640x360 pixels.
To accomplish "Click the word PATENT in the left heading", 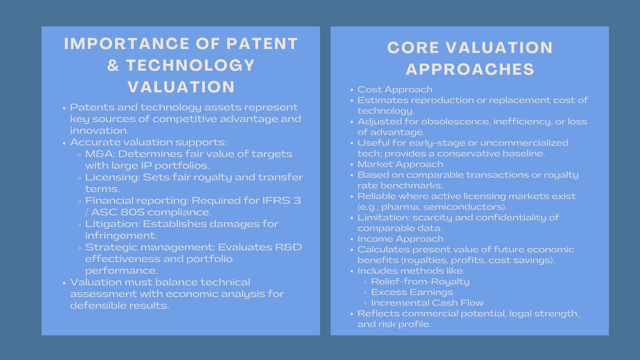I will click(x=262, y=44).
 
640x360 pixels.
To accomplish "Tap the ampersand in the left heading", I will click(x=113, y=66).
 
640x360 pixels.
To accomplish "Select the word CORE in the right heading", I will click(x=413, y=48).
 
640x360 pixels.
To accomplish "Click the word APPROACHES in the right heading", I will click(x=470, y=70).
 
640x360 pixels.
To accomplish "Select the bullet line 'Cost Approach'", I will click(x=395, y=90).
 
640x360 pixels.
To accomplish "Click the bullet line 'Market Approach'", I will click(x=400, y=164).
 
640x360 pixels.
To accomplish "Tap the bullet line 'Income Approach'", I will click(x=400, y=239).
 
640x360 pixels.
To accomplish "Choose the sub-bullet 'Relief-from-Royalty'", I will click(x=420, y=282).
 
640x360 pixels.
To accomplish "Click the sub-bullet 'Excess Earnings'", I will click(x=412, y=292).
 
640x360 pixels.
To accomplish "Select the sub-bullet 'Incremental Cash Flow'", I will click(x=427, y=303).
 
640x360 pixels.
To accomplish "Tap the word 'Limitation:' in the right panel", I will click(x=383, y=218).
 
